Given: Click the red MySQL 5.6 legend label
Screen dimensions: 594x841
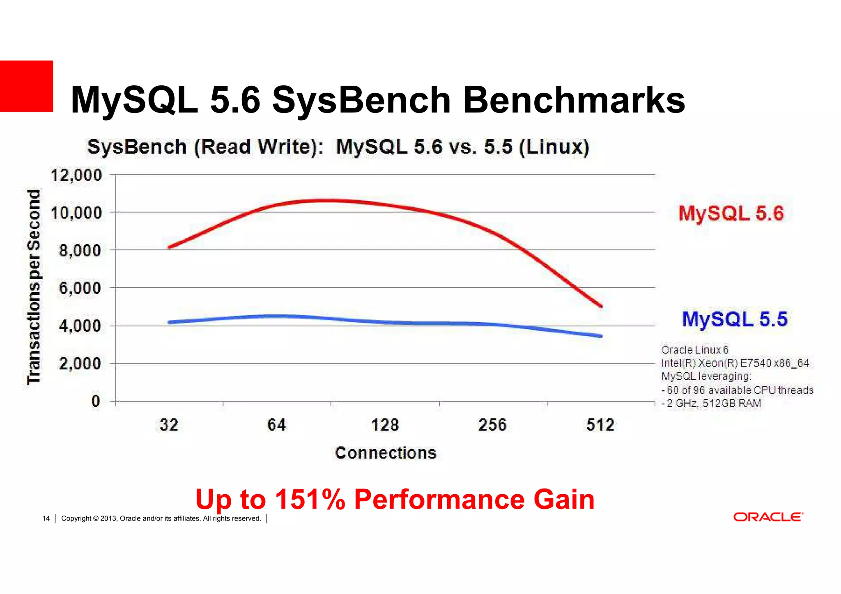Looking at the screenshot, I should [x=731, y=213].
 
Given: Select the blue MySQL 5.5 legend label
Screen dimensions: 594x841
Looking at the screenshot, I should [x=734, y=319].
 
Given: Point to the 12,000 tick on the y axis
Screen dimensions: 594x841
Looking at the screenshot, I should [x=76, y=175].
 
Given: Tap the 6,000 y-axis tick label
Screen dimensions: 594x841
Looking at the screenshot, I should [x=80, y=288].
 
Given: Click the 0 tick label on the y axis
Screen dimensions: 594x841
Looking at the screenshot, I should [x=96, y=401].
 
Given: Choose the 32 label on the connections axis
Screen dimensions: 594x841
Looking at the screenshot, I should [x=169, y=425].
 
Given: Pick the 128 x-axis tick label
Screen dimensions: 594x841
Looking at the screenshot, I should [x=385, y=425].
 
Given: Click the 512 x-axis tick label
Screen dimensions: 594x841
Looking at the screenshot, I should [x=600, y=425].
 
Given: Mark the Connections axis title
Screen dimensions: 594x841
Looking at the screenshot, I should [x=385, y=453].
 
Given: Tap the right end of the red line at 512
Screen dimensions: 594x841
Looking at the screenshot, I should [x=601, y=306].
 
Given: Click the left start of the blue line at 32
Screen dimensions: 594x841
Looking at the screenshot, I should [x=170, y=322].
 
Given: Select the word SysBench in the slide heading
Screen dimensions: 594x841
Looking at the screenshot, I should [x=361, y=100].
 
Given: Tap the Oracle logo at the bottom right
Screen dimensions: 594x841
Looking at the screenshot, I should [x=768, y=517].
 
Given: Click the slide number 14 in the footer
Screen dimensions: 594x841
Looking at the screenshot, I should [x=46, y=518].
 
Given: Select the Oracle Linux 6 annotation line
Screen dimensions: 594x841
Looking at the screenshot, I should [x=695, y=350].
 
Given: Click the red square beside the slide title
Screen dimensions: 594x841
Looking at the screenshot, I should [x=26, y=86].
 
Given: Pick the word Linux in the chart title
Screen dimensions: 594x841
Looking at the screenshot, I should [x=554, y=147].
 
